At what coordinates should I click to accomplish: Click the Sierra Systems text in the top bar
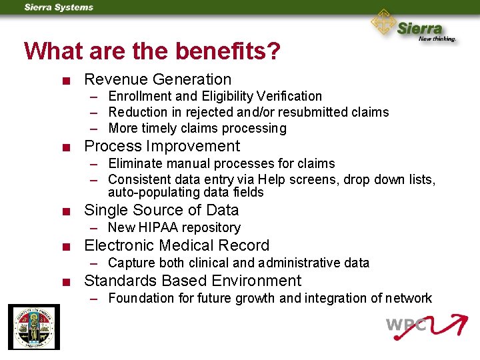click(x=59, y=7)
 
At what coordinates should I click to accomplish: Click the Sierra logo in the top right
click(x=414, y=27)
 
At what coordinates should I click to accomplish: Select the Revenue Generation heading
click(x=157, y=80)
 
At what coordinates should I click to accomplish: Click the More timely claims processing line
click(x=197, y=128)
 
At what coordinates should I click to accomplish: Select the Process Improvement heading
click(x=162, y=146)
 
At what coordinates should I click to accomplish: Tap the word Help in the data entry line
click(x=272, y=179)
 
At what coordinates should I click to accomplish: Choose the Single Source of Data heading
click(x=161, y=210)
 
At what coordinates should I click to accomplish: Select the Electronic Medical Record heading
click(x=177, y=245)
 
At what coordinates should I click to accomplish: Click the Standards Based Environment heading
click(x=193, y=281)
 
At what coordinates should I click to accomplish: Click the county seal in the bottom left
click(x=33, y=327)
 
